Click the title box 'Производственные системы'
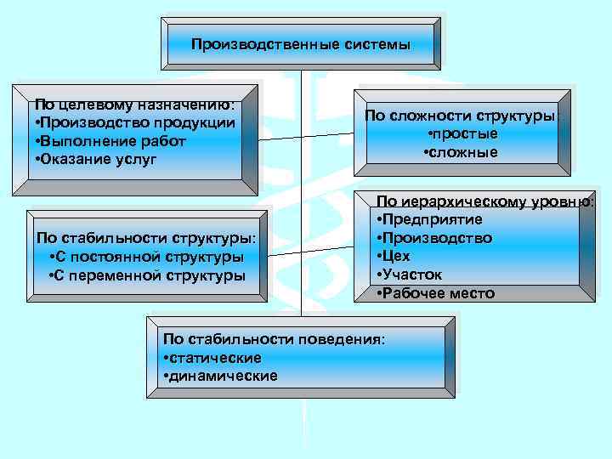[x=300, y=43]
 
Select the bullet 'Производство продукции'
[x=134, y=122]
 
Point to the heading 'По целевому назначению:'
[x=134, y=105]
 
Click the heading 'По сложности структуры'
[x=461, y=116]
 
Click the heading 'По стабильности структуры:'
[x=146, y=238]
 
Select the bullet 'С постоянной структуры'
[x=147, y=257]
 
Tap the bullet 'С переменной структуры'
[x=147, y=275]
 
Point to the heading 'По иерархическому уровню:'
[x=484, y=201]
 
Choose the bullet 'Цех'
[x=395, y=256]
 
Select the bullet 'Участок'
[x=411, y=275]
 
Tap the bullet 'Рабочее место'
[x=433, y=293]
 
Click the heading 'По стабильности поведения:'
[x=274, y=339]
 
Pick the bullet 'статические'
[x=212, y=358]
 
